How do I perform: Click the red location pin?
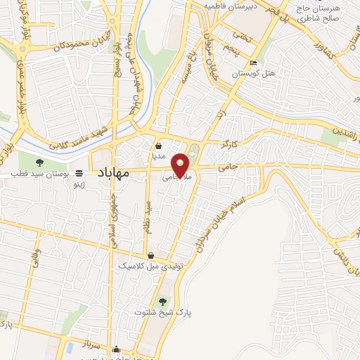[x=181, y=165]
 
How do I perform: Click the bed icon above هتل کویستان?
[x=253, y=64]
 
